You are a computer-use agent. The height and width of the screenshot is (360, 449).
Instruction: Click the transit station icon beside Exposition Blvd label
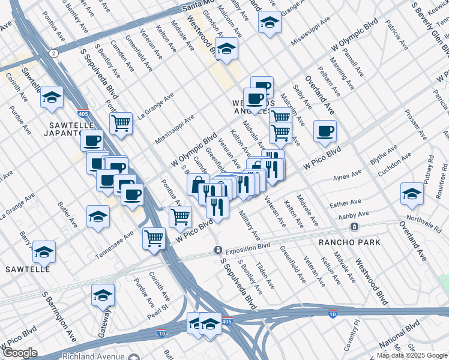(x=219, y=250)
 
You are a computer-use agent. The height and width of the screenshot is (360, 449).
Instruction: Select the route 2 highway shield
(x=54, y=53)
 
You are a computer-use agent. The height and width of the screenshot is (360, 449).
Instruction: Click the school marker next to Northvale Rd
(x=412, y=193)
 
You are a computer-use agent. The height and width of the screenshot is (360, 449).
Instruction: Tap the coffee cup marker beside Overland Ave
(x=325, y=131)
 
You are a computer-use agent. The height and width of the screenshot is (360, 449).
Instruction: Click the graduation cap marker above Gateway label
(x=103, y=295)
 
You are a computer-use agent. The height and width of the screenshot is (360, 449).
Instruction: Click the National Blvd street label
(x=400, y=340)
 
